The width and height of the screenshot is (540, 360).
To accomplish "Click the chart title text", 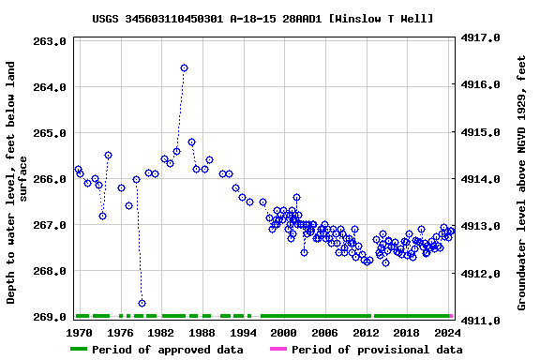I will click(x=276, y=19).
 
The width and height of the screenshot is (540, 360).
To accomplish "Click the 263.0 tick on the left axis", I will click(x=47, y=41).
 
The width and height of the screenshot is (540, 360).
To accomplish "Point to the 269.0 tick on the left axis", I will click(x=47, y=317).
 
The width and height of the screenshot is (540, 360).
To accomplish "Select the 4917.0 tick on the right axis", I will click(x=479, y=38).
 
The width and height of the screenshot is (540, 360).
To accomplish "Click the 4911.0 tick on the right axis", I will click(x=479, y=321).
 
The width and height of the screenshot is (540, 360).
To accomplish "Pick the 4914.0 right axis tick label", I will click(x=479, y=179).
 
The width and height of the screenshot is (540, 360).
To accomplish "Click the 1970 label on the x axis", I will click(x=79, y=332).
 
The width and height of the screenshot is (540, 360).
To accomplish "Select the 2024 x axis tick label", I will click(x=447, y=332).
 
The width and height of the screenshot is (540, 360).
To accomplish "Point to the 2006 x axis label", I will click(x=324, y=332).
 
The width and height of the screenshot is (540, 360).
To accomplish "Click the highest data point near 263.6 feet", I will click(x=184, y=68).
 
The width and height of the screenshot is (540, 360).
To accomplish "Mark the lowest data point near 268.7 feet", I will click(x=142, y=303).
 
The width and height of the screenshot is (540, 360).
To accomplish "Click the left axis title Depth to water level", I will click(x=18, y=182).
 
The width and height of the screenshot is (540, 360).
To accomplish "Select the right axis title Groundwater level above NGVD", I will click(x=521, y=182).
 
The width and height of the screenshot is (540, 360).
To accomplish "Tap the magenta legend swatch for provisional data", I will click(x=277, y=350).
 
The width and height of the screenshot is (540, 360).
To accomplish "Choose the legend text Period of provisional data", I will click(x=376, y=350).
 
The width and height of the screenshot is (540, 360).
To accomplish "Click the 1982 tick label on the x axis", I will click(x=161, y=332).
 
